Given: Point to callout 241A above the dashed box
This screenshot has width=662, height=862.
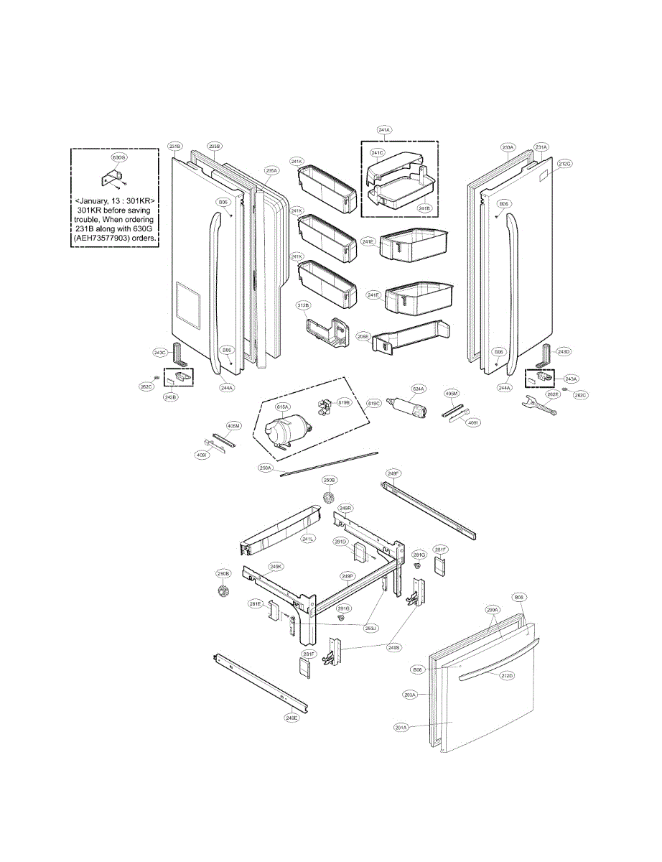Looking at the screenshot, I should click(x=384, y=130).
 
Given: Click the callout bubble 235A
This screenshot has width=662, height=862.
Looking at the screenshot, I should click(x=271, y=171).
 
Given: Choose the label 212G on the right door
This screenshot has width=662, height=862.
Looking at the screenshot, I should click(x=564, y=164).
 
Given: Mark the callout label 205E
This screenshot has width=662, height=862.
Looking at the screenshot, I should click(x=363, y=336).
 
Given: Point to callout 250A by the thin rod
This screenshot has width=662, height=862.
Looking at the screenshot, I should click(x=266, y=468).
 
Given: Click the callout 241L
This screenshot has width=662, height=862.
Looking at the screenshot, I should click(x=309, y=539).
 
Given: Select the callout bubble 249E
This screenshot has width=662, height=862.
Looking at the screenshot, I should click(x=292, y=718).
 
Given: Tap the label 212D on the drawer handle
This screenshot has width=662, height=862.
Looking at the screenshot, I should click(x=507, y=676).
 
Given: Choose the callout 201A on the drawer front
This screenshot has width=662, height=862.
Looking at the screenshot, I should click(x=401, y=728).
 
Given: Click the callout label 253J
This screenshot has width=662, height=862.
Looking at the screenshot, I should click(x=370, y=629).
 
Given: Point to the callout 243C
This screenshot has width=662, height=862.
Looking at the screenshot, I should click(x=159, y=352).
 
